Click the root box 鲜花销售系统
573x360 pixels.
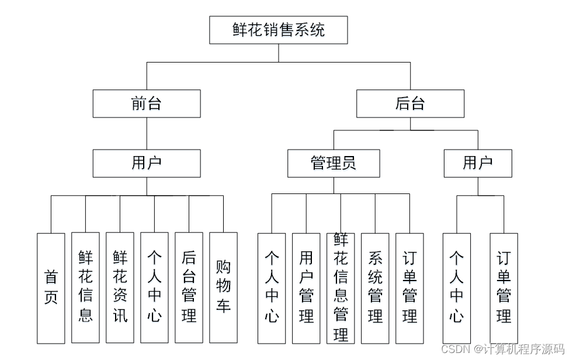278,30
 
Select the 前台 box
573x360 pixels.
146,103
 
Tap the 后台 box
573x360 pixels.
410,103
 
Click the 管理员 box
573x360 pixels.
333,163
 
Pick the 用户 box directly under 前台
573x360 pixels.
146,163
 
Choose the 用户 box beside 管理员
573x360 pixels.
477,163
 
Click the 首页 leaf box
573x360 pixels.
51,288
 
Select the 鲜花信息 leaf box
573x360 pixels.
85,288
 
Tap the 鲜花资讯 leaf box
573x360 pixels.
120,288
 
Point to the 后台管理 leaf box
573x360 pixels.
189,288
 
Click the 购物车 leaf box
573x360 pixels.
223,288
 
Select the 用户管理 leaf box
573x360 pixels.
306,288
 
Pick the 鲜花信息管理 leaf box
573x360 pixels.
341,288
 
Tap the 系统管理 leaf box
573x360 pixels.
375,288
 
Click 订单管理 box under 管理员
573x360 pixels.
409,288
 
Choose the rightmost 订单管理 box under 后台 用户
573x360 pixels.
503,288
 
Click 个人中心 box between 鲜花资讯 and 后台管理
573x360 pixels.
154,288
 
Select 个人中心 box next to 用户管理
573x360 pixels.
272,288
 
